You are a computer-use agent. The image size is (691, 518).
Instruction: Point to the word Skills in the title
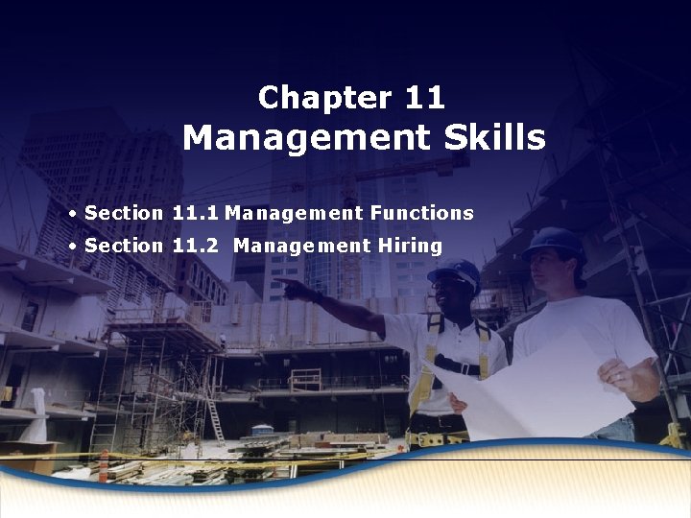[x=495, y=138]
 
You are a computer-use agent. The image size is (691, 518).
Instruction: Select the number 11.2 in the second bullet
[x=198, y=246]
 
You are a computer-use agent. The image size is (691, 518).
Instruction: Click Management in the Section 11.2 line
[x=301, y=246]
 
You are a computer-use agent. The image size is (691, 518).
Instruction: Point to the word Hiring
[x=410, y=246]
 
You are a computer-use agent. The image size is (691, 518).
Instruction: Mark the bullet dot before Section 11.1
[x=73, y=213]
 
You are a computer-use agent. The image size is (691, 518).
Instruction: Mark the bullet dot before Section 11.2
[x=73, y=246]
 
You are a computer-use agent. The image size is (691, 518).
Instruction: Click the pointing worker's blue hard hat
[x=455, y=272]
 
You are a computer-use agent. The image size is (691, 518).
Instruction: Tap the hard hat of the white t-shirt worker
[x=555, y=242]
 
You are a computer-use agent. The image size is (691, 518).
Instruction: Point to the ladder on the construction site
[x=216, y=418]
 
